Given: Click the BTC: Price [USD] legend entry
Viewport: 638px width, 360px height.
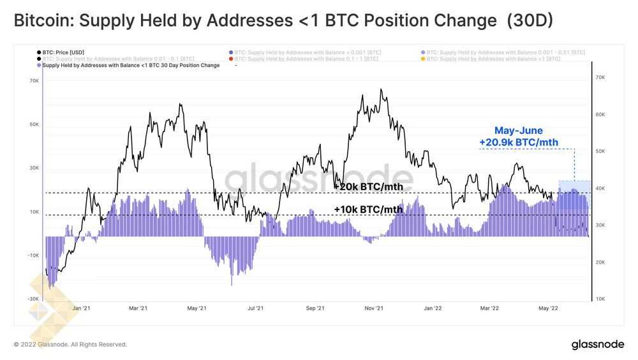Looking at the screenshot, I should tap(63, 52).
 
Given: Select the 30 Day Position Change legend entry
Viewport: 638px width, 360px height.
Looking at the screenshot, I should tap(130, 65).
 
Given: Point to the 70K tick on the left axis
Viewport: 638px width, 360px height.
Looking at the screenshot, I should tap(34, 81).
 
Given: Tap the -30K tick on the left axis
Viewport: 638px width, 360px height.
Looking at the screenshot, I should tap(33, 298).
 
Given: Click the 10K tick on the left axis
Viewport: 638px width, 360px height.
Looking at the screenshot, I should tap(34, 211).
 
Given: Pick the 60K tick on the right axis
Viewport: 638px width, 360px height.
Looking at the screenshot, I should tap(600, 115).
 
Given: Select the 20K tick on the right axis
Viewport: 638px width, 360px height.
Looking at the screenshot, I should tap(600, 262).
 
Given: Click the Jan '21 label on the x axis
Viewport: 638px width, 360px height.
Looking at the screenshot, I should tap(80, 308).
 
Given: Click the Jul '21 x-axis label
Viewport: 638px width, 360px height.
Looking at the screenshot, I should tap(255, 308).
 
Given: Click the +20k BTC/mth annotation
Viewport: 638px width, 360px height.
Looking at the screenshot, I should tap(368, 187).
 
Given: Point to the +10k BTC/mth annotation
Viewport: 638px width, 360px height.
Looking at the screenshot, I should tap(368, 209).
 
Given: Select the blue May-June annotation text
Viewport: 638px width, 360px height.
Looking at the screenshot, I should tap(519, 130).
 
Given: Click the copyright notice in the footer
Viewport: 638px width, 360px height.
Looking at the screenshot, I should tap(70, 345).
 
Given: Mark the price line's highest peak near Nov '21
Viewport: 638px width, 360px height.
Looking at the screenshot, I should tap(381, 89).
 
